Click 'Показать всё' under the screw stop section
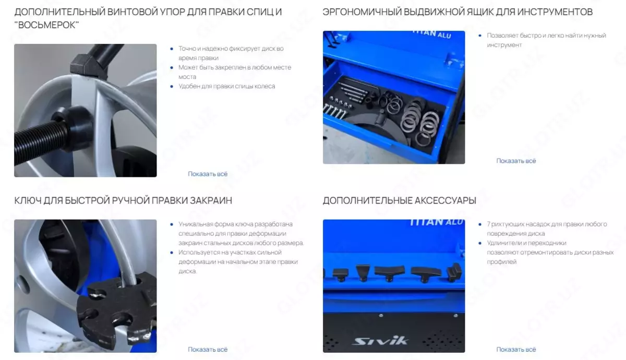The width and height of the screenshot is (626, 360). point(208,174)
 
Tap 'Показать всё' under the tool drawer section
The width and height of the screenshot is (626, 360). point(516,161)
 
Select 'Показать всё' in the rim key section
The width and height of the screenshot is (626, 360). point(208,350)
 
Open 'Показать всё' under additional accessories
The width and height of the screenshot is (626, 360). point(516,350)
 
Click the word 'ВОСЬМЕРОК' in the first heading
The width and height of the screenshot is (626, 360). point(46,25)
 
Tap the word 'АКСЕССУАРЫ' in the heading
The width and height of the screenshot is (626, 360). point(445,200)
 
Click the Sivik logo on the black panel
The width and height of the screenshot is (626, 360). point(380,341)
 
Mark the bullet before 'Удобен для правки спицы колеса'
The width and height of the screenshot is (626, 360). point(172,87)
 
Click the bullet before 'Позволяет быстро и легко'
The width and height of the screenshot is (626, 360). point(480,35)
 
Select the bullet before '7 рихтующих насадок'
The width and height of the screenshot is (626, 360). point(480,224)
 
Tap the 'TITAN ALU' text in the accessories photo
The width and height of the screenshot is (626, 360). point(437,222)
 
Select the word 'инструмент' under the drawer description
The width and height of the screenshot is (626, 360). point(504,45)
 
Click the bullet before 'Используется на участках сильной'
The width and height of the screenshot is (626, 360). point(172,253)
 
